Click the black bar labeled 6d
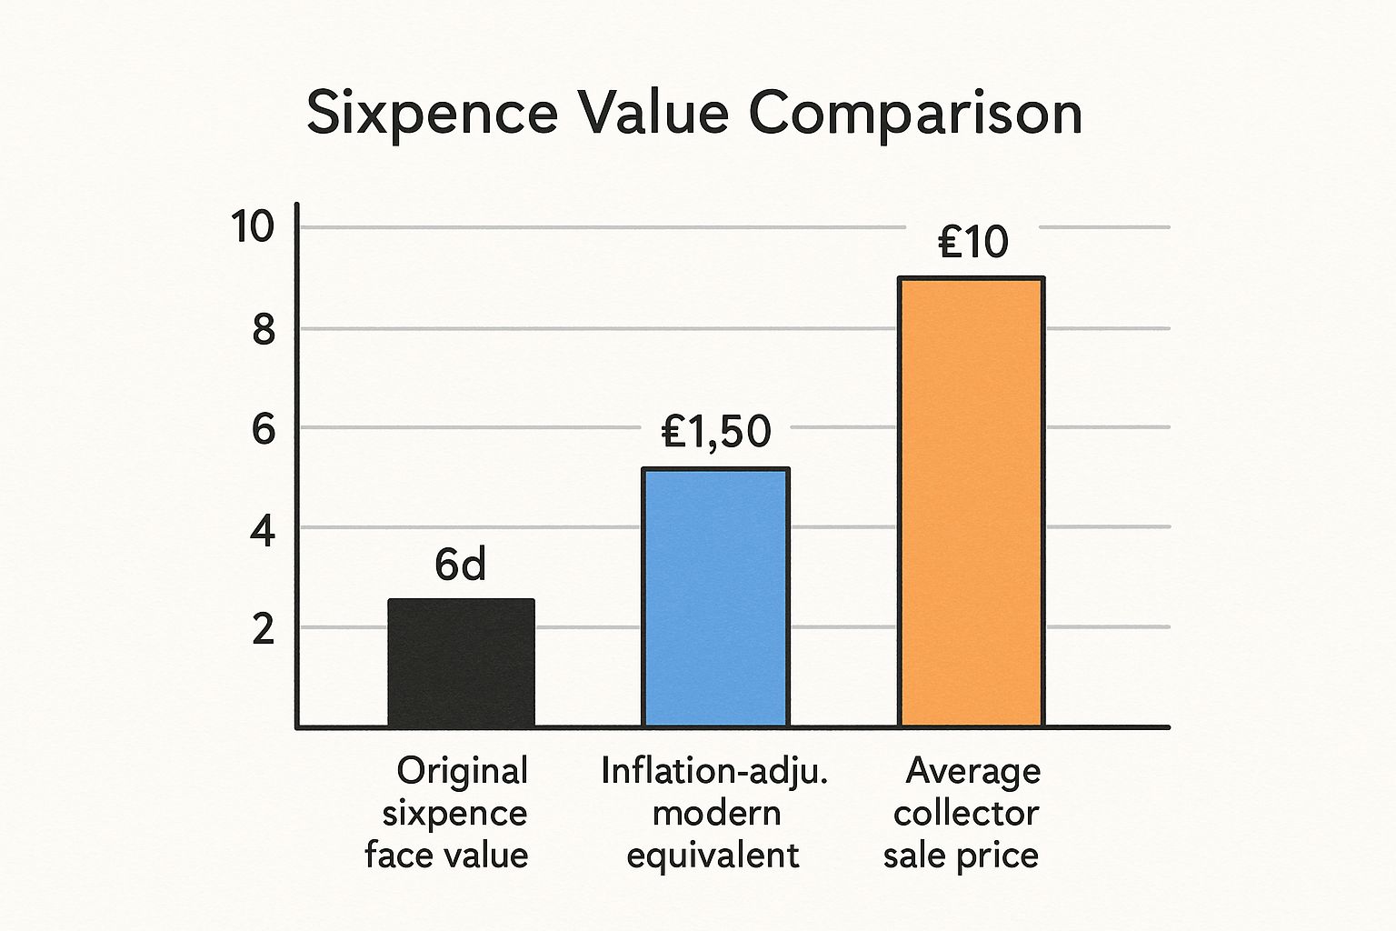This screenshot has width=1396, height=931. click(x=461, y=662)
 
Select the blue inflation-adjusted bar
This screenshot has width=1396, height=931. click(x=715, y=597)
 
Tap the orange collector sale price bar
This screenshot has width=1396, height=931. click(x=971, y=502)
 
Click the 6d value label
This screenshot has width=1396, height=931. click(x=460, y=566)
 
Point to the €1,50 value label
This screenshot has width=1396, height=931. click(x=716, y=432)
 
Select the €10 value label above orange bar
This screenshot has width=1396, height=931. click(x=972, y=242)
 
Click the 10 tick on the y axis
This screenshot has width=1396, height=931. click(x=252, y=226)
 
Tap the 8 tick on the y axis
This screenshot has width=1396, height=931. click(x=263, y=330)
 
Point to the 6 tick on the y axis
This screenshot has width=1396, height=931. click(x=263, y=428)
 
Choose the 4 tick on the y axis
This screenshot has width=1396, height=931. click(x=263, y=530)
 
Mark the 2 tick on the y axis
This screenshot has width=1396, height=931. click(x=263, y=628)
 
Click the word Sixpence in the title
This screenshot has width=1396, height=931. click(x=432, y=115)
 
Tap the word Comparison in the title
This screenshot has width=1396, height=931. click(x=915, y=115)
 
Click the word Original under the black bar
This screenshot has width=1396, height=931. click(x=462, y=771)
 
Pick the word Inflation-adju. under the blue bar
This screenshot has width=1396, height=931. click(x=714, y=771)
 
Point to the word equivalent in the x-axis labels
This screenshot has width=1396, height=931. click(x=713, y=855)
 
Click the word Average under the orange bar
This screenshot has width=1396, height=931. click(x=973, y=771)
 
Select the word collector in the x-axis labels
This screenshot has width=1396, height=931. click(x=965, y=813)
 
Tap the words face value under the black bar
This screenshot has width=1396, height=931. click(x=446, y=855)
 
